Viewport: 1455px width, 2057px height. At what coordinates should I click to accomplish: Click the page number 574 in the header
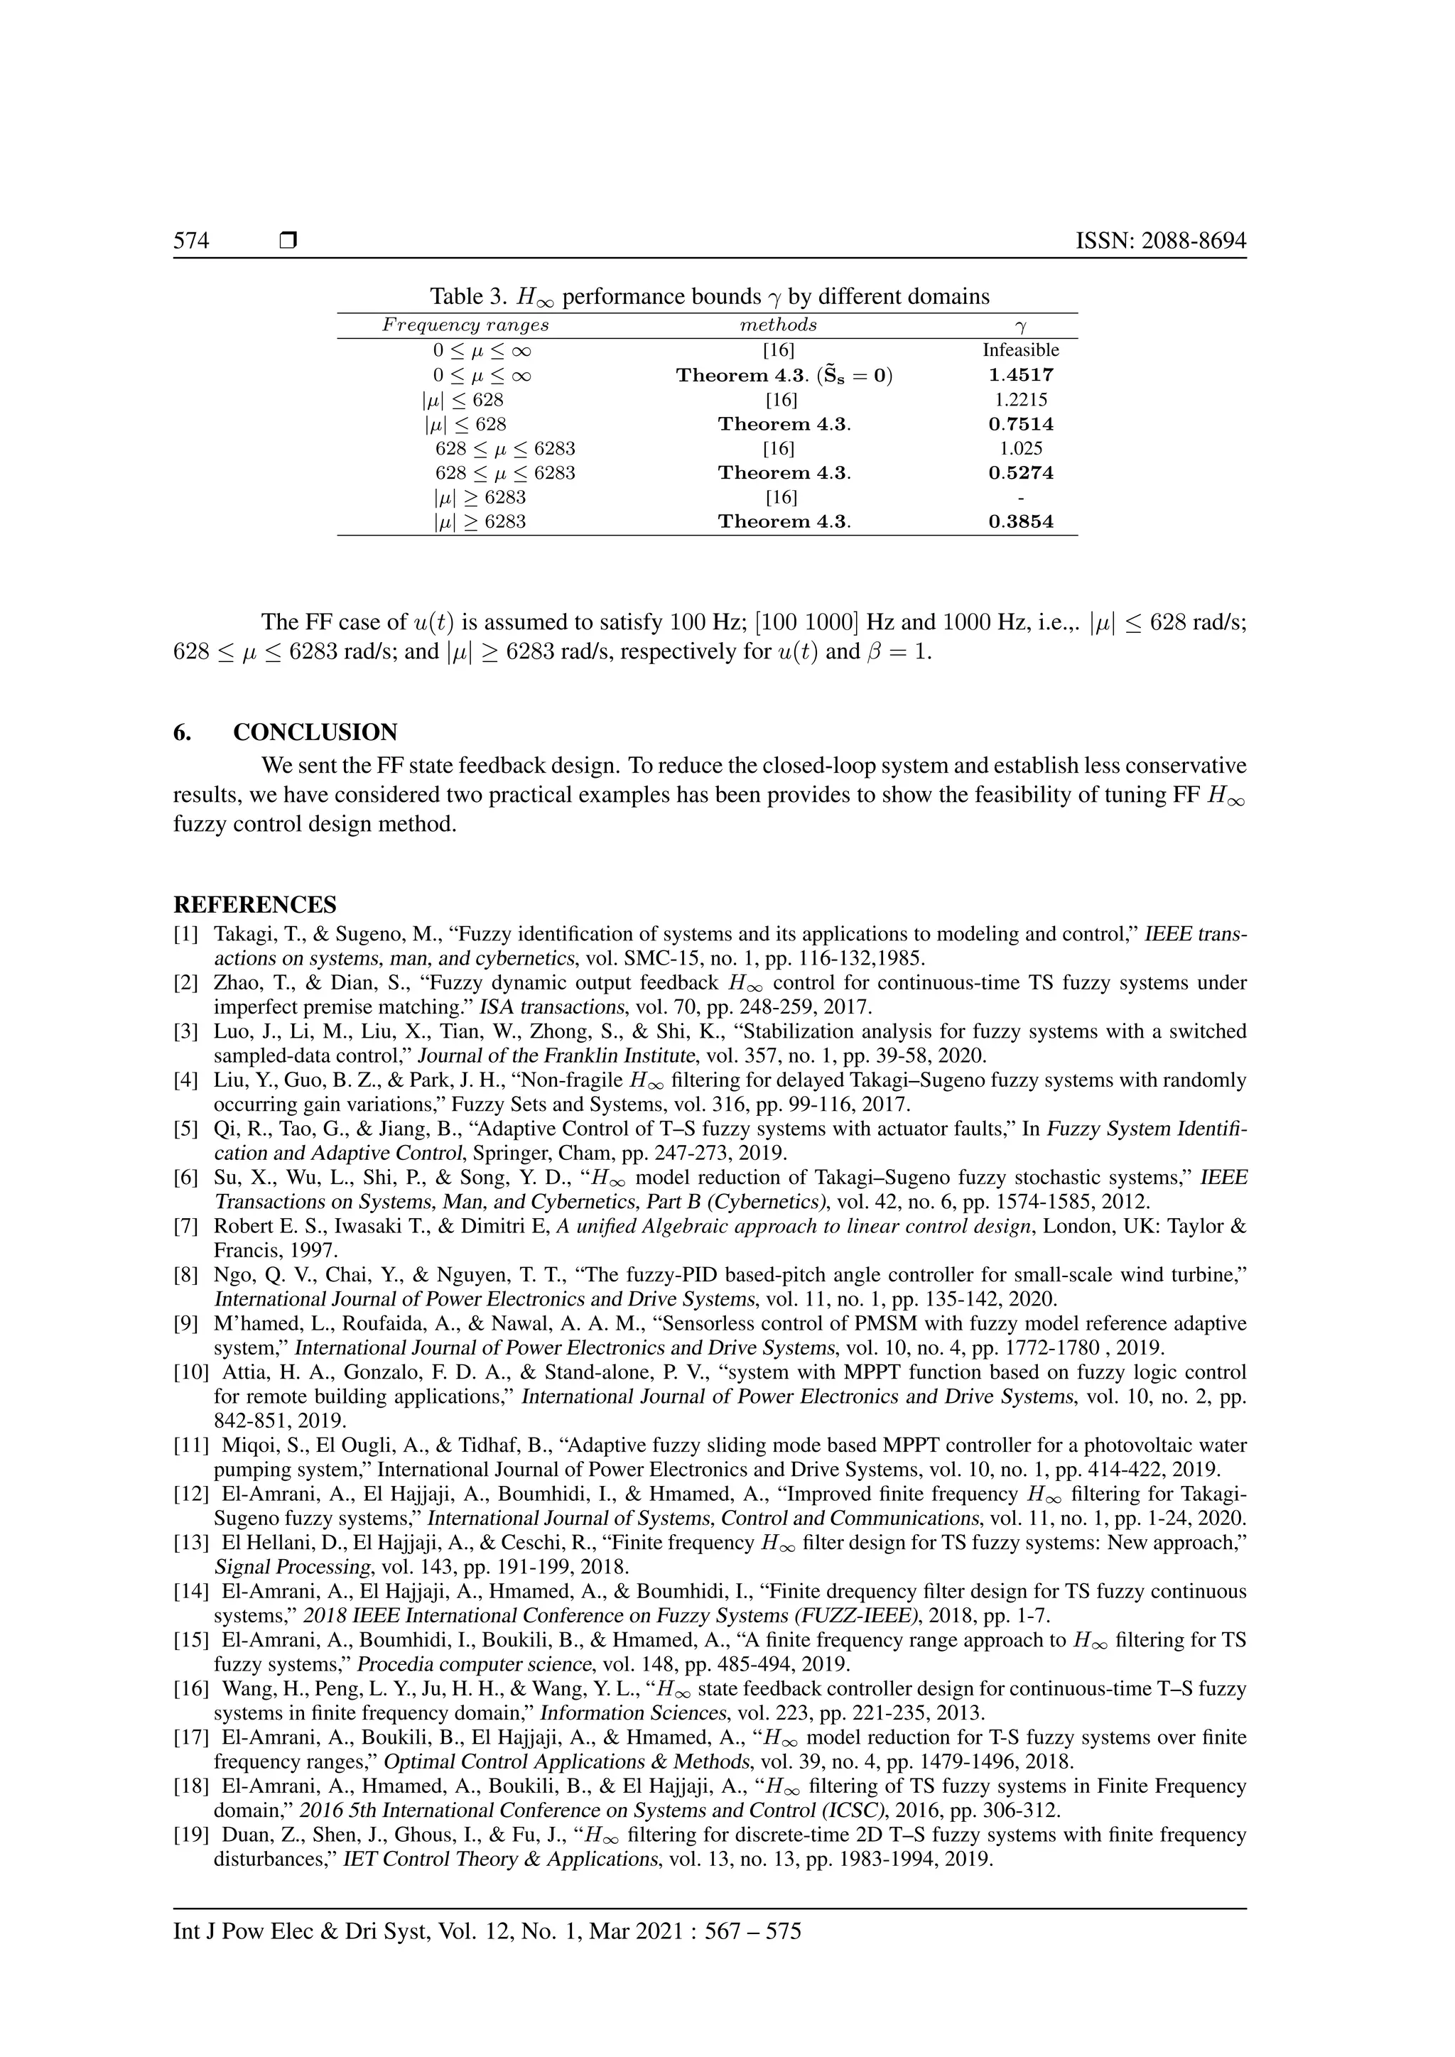(x=191, y=241)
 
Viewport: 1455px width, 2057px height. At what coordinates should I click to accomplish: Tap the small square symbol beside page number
(x=288, y=241)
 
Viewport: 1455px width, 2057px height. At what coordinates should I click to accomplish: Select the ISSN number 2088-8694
(x=1194, y=241)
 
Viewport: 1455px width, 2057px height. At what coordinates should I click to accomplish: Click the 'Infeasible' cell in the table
(x=1020, y=350)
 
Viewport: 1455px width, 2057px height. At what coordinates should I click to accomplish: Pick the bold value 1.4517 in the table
(x=1020, y=375)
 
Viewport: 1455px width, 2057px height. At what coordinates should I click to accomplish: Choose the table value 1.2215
(x=1020, y=400)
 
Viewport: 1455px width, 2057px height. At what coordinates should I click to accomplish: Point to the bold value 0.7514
(x=1020, y=424)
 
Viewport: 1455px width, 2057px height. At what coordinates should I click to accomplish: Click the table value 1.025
(x=1020, y=448)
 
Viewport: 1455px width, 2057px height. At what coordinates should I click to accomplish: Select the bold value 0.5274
(x=1020, y=472)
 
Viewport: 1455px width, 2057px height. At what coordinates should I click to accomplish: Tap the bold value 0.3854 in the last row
(x=1020, y=521)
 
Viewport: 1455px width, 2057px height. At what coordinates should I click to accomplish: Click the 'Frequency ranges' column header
(x=465, y=325)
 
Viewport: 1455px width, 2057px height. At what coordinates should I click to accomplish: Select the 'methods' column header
(x=778, y=325)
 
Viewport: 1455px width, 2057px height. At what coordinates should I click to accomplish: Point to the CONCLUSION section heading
(x=315, y=732)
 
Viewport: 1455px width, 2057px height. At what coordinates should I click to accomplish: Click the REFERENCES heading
(x=254, y=904)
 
